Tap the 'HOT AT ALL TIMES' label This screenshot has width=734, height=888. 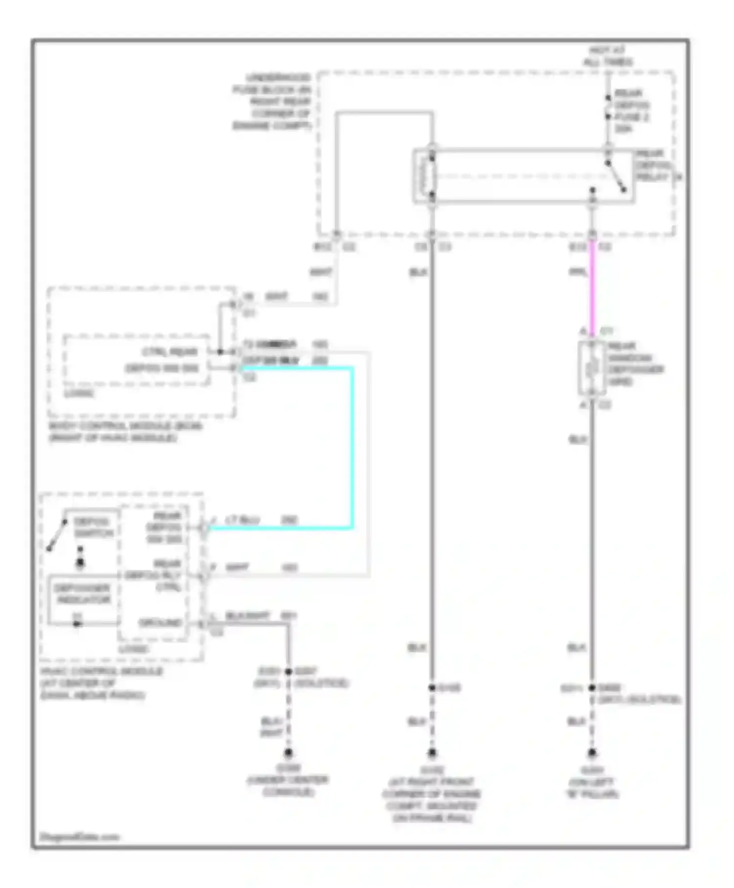coord(607,56)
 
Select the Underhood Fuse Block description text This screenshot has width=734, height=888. coord(272,101)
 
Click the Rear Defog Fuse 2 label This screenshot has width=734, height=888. coord(632,111)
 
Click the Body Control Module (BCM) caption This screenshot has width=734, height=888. coord(125,431)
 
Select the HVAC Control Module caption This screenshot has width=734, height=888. coord(101,683)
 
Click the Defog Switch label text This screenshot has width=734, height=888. coord(93,527)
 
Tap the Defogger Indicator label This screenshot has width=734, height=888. coord(83,593)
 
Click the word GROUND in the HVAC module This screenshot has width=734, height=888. coord(161,623)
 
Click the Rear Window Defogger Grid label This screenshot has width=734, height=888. coord(635,363)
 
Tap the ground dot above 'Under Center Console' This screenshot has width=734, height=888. coord(288,752)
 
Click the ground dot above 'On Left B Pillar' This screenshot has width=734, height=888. coord(592,752)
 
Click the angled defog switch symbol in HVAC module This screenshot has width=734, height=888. coord(57,535)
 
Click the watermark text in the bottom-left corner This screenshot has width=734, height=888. coord(79,837)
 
